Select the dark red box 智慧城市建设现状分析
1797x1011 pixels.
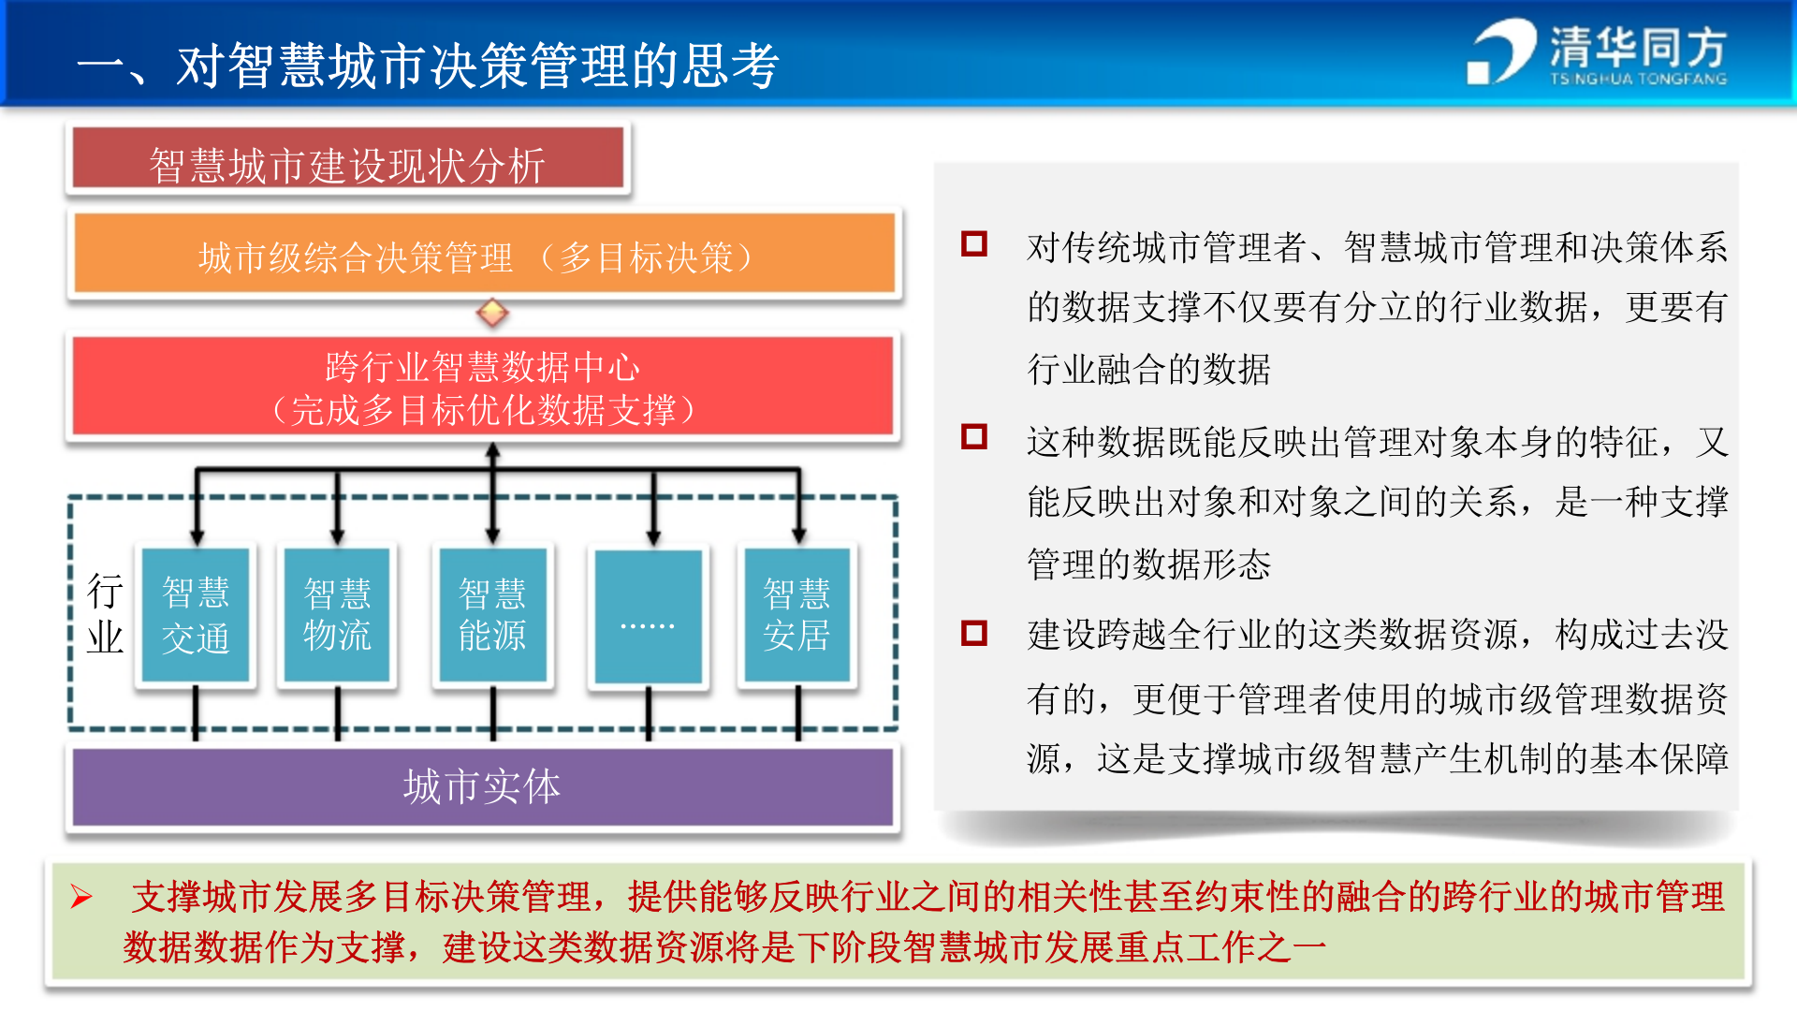pos(347,160)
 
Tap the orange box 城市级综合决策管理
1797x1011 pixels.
pos(483,255)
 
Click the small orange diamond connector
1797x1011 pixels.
pos(492,312)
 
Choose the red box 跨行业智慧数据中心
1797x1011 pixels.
pos(483,387)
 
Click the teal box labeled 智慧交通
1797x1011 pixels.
pos(196,615)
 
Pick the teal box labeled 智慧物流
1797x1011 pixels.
pos(337,615)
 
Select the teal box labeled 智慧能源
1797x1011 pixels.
pos(492,615)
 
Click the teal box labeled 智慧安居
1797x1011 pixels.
pos(796,615)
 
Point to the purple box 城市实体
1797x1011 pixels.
pos(483,786)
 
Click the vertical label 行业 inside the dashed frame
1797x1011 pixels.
pos(105,614)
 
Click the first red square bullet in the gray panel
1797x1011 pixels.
pos(974,244)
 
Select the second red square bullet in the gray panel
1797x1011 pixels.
pos(974,437)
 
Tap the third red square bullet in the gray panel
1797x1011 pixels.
pos(974,634)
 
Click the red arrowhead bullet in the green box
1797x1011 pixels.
pos(81,898)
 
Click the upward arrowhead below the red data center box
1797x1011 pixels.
pos(492,451)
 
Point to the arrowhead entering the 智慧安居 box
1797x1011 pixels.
pos(798,536)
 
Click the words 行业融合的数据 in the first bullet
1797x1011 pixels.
pos(1148,369)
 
